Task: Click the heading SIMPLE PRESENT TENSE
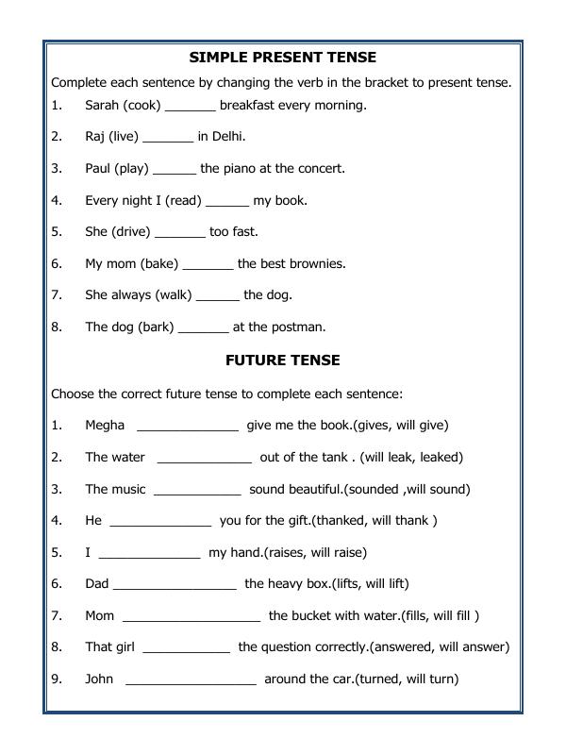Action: tap(282, 58)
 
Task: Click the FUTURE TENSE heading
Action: tap(282, 361)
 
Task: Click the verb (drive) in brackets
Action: tap(130, 232)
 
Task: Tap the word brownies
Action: tap(317, 264)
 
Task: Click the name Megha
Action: tap(105, 426)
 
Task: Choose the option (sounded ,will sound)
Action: tap(407, 490)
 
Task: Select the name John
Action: tap(99, 679)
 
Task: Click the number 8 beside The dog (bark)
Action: tap(57, 327)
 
